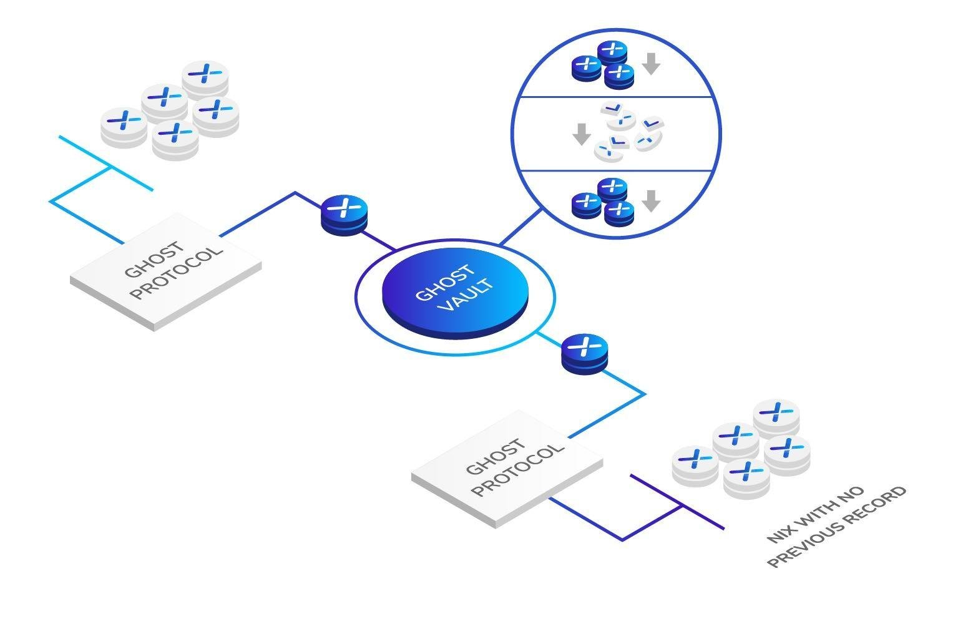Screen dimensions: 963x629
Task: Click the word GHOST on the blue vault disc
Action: tap(446, 282)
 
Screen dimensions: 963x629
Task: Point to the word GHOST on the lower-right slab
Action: tap(496, 456)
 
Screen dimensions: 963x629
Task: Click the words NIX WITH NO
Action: tap(815, 514)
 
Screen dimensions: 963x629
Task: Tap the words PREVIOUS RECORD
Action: tap(836, 527)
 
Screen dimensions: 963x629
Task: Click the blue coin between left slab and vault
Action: tap(345, 215)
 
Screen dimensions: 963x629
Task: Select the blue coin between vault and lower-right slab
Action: tap(585, 354)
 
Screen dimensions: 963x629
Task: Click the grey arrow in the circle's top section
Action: tap(652, 64)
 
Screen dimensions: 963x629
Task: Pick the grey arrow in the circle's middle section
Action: tap(582, 134)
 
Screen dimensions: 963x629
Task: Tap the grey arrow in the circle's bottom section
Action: tap(652, 201)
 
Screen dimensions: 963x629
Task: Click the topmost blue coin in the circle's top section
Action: tap(612, 53)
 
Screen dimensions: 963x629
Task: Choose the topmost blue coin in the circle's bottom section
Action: tap(612, 190)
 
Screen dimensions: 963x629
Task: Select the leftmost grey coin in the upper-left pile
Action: tap(124, 128)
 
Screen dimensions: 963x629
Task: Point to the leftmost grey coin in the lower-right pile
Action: tap(695, 466)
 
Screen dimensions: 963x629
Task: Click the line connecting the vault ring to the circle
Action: tap(521, 227)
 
